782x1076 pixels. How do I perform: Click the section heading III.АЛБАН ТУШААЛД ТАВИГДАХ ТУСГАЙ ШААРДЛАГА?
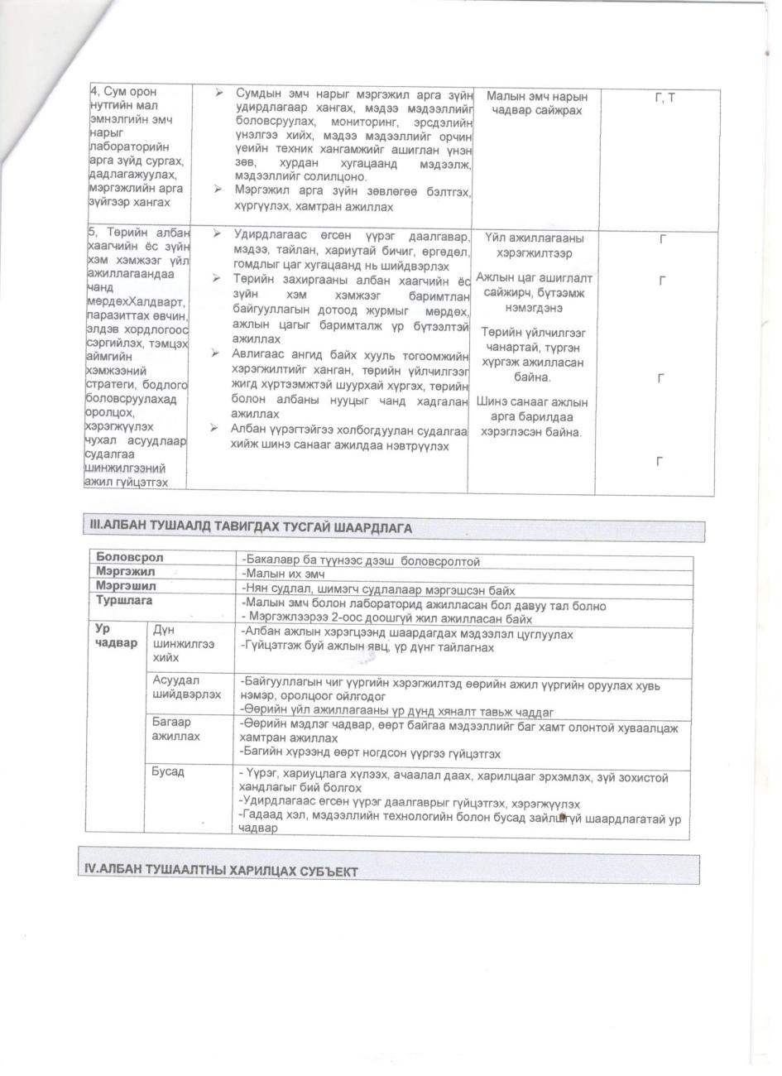(250, 527)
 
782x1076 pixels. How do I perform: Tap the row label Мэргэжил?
(126, 572)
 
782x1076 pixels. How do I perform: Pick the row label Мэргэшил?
(126, 586)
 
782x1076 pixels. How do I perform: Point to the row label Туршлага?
(124, 601)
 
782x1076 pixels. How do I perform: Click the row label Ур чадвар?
(116, 636)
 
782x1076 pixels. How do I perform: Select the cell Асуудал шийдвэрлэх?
(186, 687)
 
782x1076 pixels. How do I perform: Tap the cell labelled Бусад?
(168, 772)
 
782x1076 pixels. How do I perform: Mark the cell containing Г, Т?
(664, 98)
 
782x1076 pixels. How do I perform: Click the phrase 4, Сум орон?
(123, 92)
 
